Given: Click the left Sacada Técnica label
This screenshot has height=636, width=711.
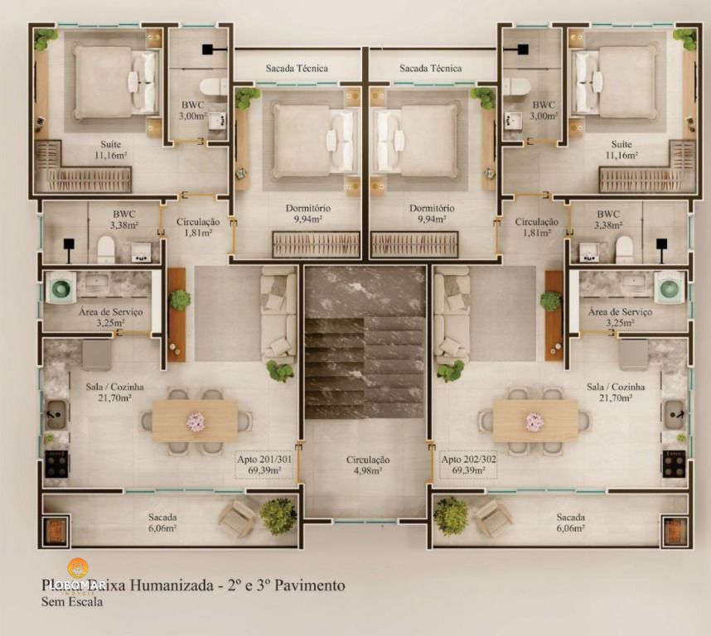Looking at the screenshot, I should tap(297, 68).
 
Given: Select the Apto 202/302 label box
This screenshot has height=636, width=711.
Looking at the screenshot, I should tap(468, 465).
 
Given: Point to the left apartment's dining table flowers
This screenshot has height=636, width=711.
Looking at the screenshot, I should tap(196, 422).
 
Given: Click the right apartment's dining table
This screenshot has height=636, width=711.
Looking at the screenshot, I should tap(535, 422).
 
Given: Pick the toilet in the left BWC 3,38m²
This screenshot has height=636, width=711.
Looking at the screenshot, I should tap(106, 248).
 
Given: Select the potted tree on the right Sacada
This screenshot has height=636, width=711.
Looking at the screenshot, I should tap(451, 515).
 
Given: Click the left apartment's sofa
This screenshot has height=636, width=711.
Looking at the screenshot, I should tap(278, 315).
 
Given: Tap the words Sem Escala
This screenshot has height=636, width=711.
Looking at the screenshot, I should tap(72, 603).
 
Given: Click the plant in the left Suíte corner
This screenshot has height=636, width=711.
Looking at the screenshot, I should tap(46, 37).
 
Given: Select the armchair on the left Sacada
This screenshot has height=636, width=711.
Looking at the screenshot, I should tap(237, 518).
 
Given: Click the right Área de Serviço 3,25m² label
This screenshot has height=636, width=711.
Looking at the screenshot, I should tap(619, 317).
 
